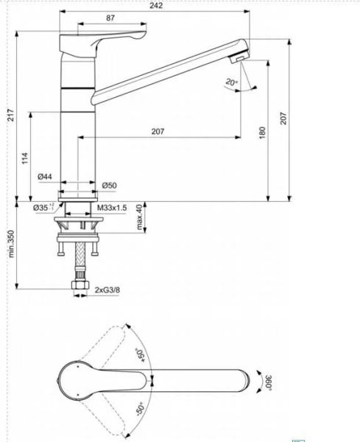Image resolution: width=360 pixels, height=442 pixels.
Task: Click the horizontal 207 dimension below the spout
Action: point(157,131)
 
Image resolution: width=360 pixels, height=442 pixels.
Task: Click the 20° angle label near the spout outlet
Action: point(232,83)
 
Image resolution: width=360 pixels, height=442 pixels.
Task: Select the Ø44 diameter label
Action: point(45,176)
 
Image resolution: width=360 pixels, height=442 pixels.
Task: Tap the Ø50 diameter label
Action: point(109,185)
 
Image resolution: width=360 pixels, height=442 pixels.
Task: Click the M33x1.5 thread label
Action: point(113,208)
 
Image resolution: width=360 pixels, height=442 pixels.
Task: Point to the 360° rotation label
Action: point(269,382)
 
